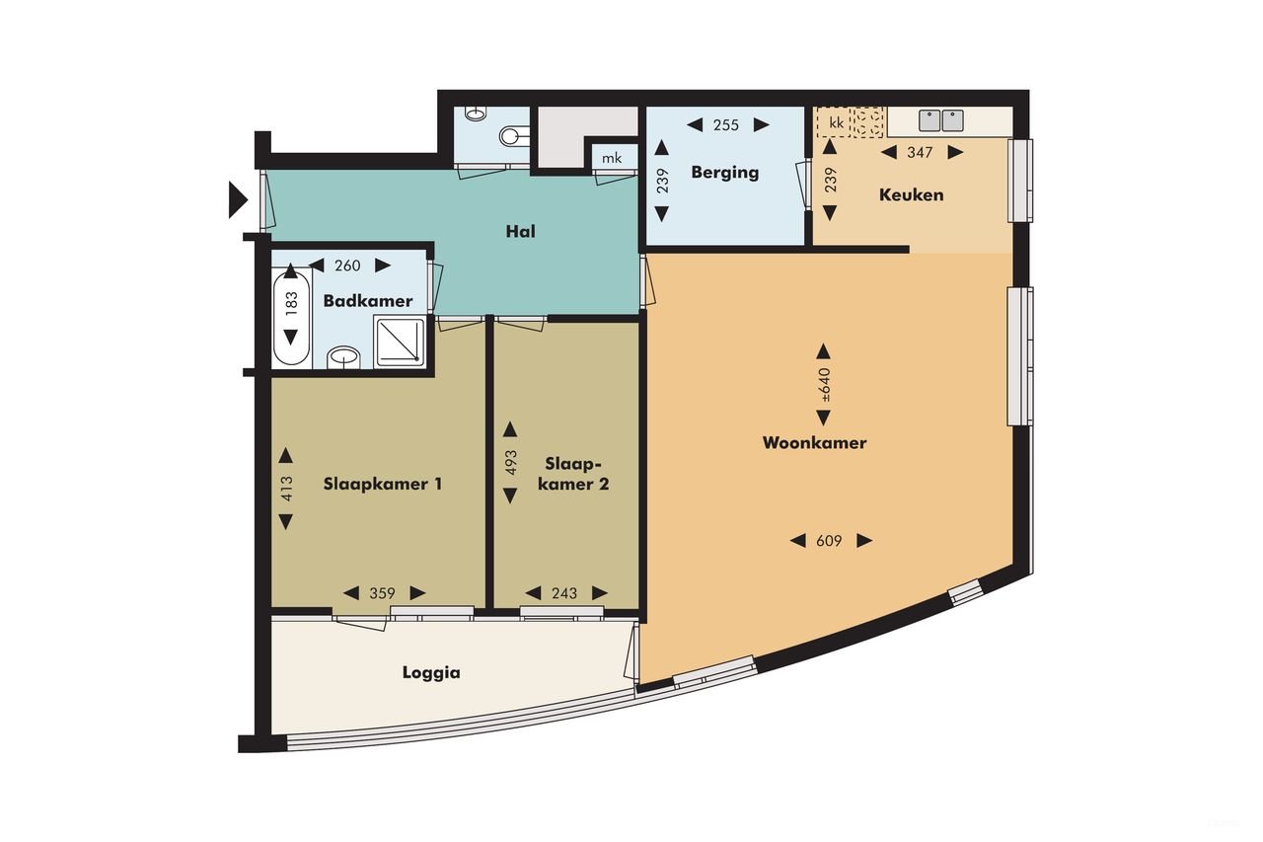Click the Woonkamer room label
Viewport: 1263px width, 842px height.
pos(814,443)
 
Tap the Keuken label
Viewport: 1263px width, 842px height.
pos(911,194)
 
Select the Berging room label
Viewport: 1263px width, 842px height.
pos(724,172)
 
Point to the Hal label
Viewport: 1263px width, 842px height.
pos(519,232)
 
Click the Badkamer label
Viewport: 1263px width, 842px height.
pos(368,301)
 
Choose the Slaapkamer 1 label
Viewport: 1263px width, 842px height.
pos(382,484)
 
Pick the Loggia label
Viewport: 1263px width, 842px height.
pos(431,673)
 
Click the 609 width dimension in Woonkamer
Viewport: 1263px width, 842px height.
pos(829,540)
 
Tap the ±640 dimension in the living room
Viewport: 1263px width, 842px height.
pos(825,384)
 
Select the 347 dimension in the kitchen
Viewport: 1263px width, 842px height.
pos(920,152)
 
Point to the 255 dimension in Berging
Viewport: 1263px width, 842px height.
pos(726,124)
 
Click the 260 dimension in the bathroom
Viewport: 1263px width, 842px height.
pos(347,265)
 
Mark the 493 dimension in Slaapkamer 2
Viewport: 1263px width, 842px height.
pos(510,464)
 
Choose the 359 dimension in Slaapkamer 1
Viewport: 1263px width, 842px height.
pos(383,593)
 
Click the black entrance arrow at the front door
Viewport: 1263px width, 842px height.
pos(237,199)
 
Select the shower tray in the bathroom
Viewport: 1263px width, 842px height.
pos(400,341)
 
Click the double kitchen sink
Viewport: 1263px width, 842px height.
pos(941,120)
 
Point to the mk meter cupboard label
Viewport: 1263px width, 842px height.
pos(612,158)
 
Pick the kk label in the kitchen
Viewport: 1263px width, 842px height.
pos(836,122)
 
